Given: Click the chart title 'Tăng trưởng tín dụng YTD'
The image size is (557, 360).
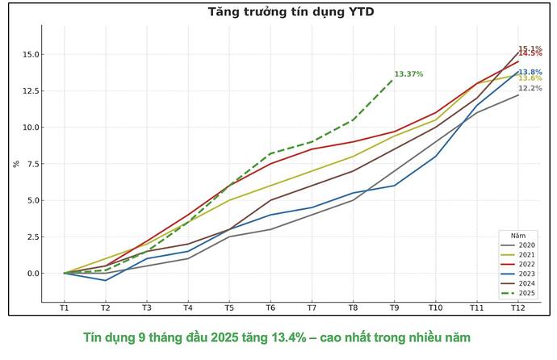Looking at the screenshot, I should [291, 11].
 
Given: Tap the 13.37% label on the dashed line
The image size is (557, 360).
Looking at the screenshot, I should [408, 74].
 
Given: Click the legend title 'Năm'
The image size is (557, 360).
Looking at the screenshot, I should [507, 235].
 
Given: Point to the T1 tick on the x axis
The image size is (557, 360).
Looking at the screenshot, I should [65, 308].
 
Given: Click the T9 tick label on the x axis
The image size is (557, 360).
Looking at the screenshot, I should [395, 308].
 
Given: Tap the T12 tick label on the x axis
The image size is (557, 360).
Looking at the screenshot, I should [518, 308].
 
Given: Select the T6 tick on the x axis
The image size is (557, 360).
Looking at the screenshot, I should [270, 308].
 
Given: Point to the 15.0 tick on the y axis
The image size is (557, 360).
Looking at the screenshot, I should [32, 55].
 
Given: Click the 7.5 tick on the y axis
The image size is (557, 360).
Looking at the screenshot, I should [35, 164].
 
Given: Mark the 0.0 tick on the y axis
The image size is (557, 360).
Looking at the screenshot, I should [35, 273].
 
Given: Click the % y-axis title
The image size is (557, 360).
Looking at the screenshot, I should [16, 164].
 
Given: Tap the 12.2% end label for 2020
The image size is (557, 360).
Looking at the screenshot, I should [530, 89].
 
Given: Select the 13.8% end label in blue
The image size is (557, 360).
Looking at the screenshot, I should [530, 72].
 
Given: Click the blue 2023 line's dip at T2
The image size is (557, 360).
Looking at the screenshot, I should [106, 280].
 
